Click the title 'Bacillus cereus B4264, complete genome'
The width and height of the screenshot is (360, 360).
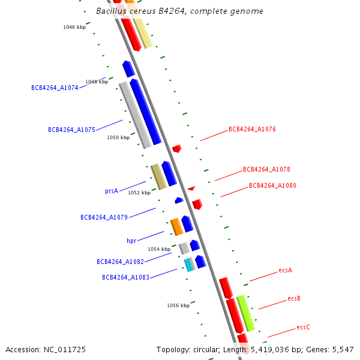click(179, 11)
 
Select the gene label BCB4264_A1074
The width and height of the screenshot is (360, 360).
click(55, 88)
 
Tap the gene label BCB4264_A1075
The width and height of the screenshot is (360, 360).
click(71, 130)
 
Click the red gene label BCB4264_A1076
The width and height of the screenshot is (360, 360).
click(252, 129)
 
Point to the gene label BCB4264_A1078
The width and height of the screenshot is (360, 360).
click(266, 170)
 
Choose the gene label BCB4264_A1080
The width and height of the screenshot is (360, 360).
click(272, 186)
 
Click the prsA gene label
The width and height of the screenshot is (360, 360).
click(112, 191)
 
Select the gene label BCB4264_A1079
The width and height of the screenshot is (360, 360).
click(104, 217)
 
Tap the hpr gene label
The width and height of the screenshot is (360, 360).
click(131, 241)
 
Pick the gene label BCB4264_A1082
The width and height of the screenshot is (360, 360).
click(120, 262)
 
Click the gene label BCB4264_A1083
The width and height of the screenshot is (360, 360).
click(125, 277)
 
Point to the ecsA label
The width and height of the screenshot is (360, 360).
click(286, 271)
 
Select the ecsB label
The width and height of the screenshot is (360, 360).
click(294, 299)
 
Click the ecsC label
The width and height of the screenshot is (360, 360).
click(303, 328)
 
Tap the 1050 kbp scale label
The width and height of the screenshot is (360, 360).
click(118, 137)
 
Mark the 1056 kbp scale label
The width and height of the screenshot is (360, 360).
click(178, 305)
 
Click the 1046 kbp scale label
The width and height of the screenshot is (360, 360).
click(74, 27)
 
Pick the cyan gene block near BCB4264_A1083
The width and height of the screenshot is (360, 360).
click(189, 264)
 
